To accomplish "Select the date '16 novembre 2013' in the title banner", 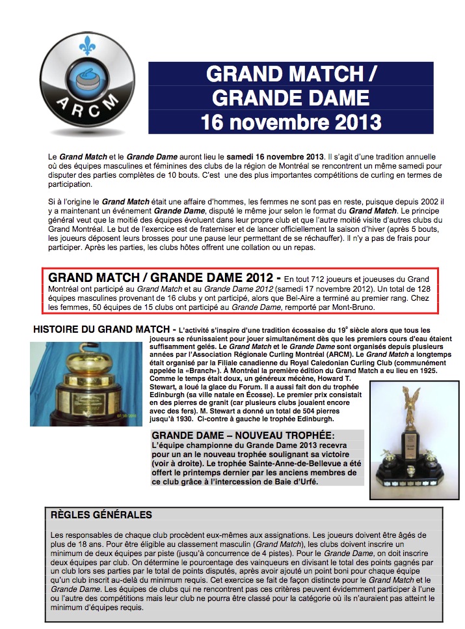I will click(290, 120).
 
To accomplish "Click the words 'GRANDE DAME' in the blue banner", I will click(290, 98).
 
